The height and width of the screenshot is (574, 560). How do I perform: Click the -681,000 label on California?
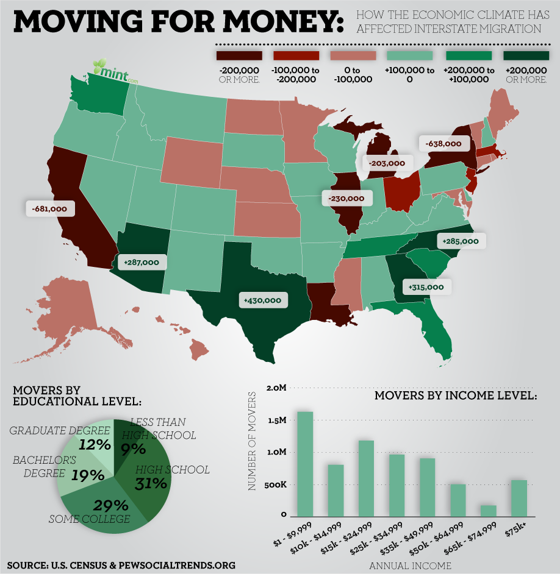[50, 209]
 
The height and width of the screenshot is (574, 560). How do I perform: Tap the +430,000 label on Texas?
[262, 300]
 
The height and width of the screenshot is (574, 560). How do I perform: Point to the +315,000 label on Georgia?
[426, 286]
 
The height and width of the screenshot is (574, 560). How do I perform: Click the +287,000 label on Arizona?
[141, 262]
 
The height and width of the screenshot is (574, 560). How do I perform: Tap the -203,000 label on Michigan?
[387, 163]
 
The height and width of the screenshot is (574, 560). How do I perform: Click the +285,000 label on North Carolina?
[461, 241]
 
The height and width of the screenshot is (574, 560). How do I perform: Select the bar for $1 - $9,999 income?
[305, 464]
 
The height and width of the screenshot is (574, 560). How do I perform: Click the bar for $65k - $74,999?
[489, 511]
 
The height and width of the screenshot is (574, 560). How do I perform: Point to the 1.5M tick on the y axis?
[276, 420]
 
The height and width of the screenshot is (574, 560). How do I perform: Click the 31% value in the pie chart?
[151, 484]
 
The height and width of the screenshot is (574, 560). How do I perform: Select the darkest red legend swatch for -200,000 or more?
[239, 55]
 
